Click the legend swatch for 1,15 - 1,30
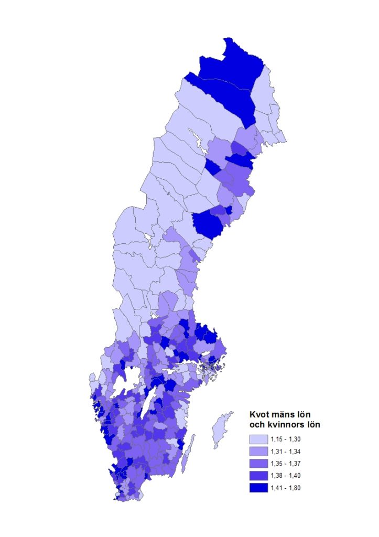[x=259, y=438]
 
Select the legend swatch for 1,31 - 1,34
[x=259, y=451]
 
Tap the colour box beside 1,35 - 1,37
[x=259, y=464]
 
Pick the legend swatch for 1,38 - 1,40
[x=259, y=476]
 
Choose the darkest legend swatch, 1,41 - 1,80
[x=259, y=488]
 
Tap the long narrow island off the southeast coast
[x=191, y=446]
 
